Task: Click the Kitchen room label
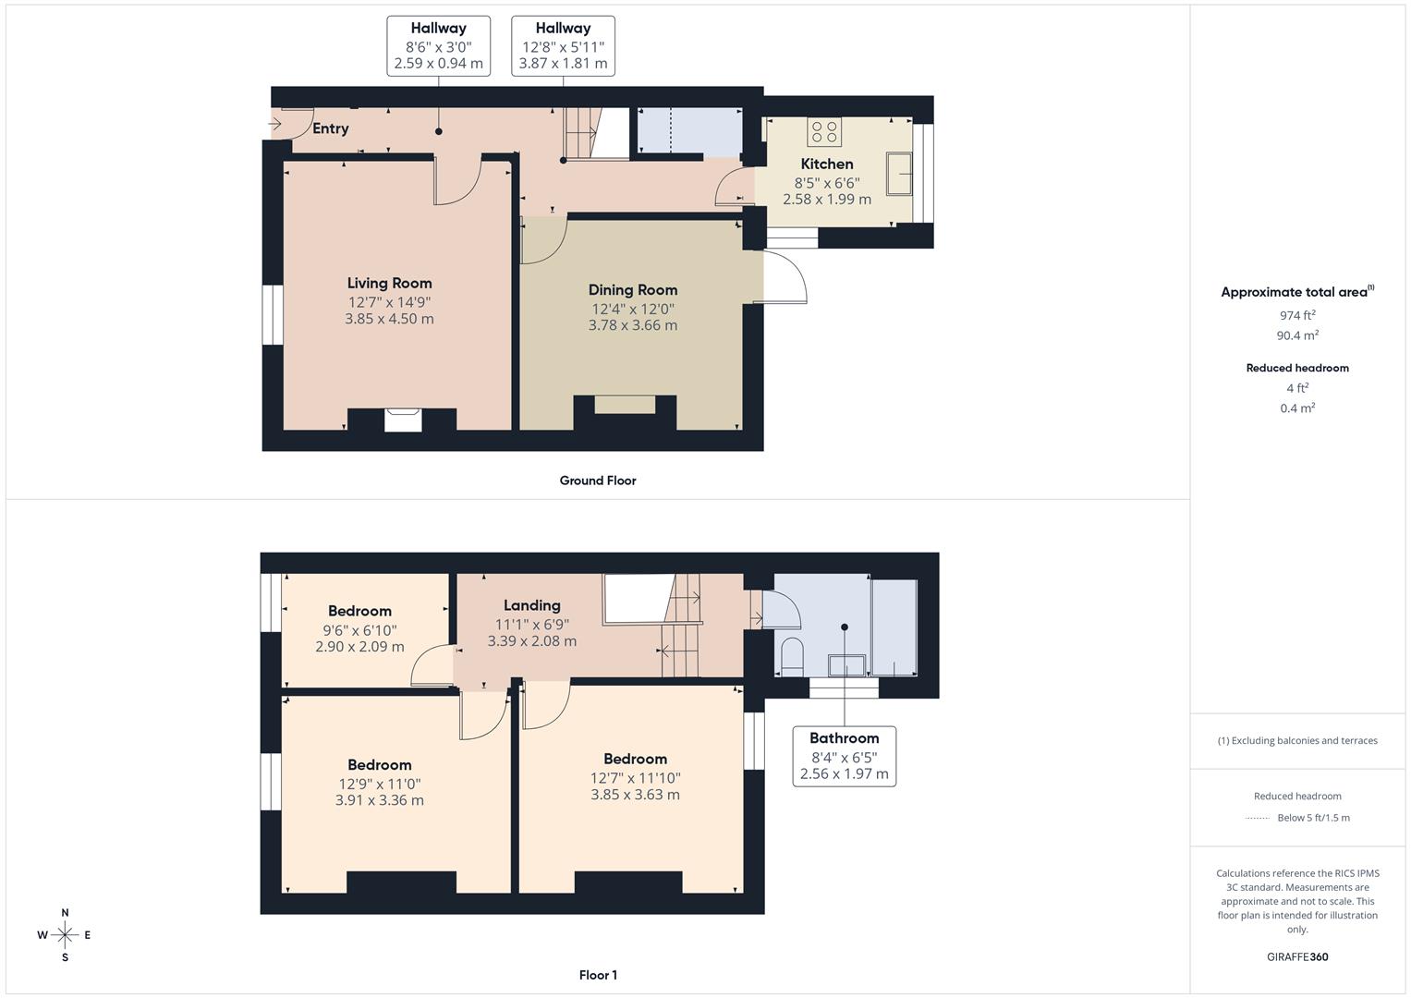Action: pyautogui.click(x=826, y=164)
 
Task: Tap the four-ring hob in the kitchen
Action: pyautogui.click(x=824, y=131)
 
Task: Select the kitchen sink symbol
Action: pyautogui.click(x=899, y=174)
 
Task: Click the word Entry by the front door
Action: pyautogui.click(x=330, y=128)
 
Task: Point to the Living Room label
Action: pyautogui.click(x=389, y=283)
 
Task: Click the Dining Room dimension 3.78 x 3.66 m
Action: pyautogui.click(x=632, y=325)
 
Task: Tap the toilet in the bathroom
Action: pyautogui.click(x=792, y=656)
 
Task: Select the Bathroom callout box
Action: pyautogui.click(x=844, y=756)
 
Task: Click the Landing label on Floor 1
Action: pyautogui.click(x=531, y=605)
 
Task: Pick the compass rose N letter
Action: pyautogui.click(x=65, y=912)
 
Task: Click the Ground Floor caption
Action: pyautogui.click(x=598, y=481)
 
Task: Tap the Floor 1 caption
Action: pyautogui.click(x=598, y=975)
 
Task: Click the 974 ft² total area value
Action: pyautogui.click(x=1297, y=315)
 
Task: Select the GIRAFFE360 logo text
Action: pyautogui.click(x=1297, y=956)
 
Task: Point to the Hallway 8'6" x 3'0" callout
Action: pyautogui.click(x=438, y=46)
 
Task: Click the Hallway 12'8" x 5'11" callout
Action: pyautogui.click(x=563, y=46)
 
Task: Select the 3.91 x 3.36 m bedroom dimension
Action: pyautogui.click(x=379, y=800)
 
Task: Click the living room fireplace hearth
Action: pyautogui.click(x=403, y=420)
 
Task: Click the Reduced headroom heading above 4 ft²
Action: pyautogui.click(x=1297, y=368)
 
